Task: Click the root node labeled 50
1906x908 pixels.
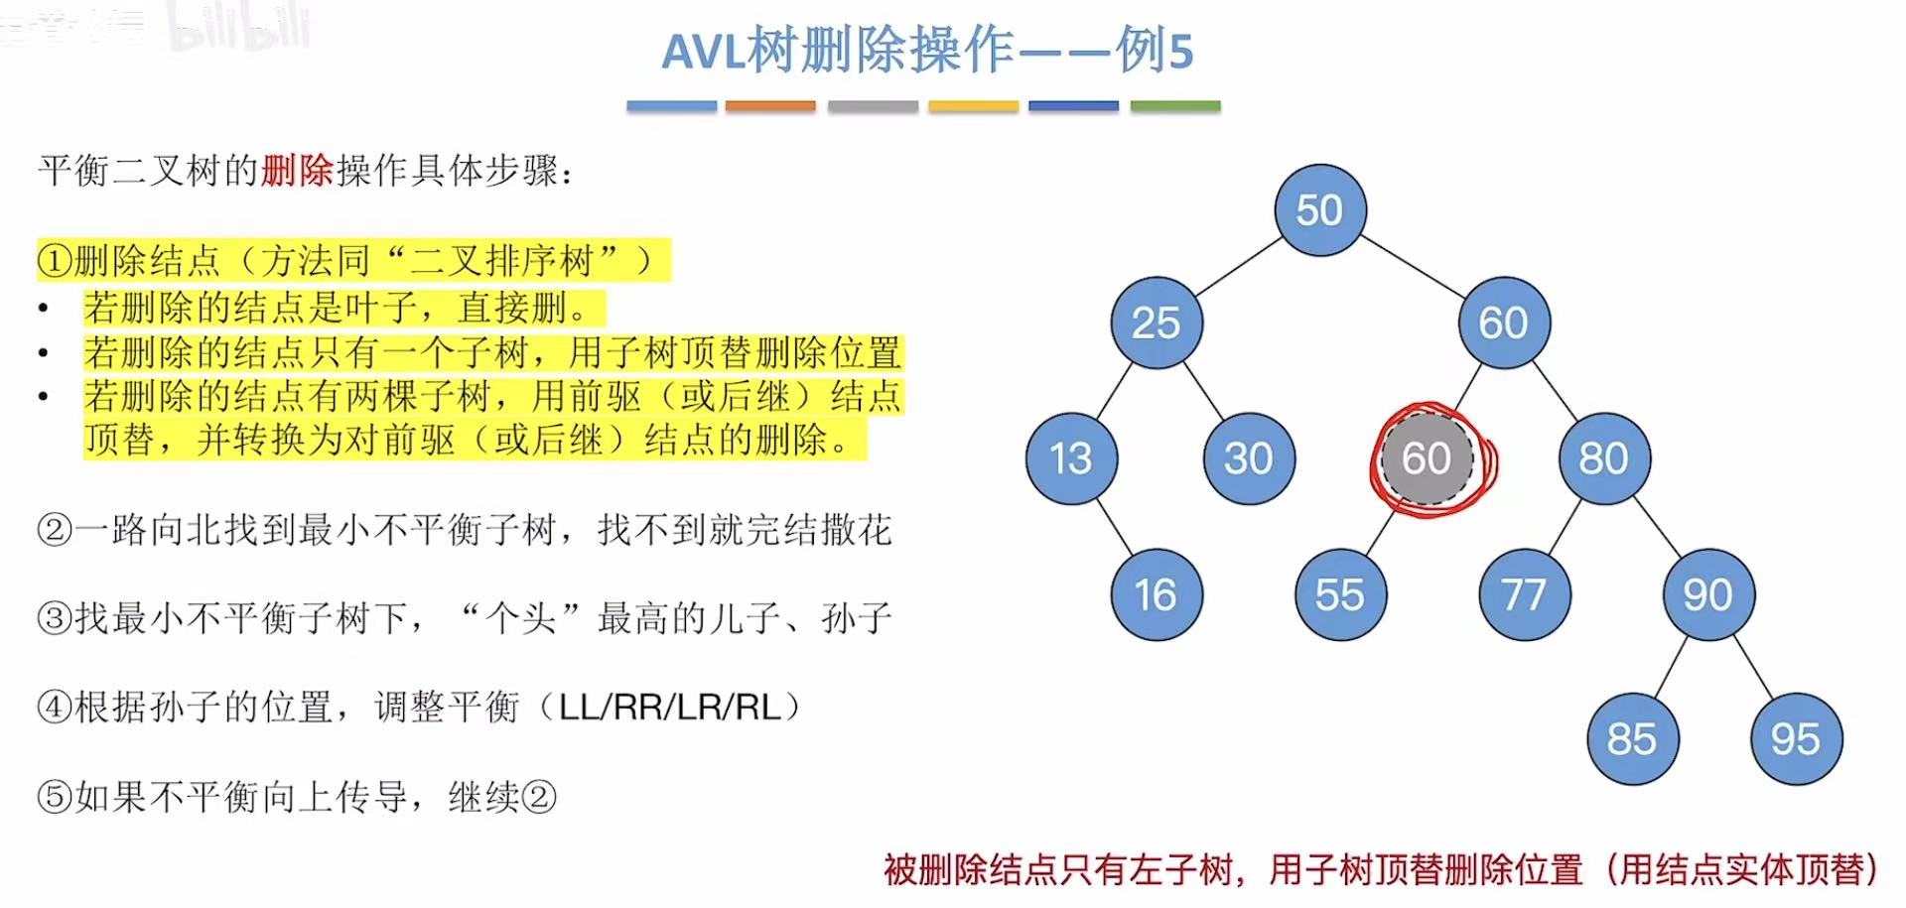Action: [1319, 210]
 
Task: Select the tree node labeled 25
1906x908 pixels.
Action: [1157, 324]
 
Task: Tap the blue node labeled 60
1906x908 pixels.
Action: [1504, 324]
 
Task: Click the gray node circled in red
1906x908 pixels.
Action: [1427, 458]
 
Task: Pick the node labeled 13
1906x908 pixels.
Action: [1071, 458]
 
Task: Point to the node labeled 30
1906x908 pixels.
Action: [1249, 458]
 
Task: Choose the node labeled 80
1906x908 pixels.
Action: [1604, 458]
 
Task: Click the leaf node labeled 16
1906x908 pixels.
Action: [1157, 595]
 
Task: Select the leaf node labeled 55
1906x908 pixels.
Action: [1340, 595]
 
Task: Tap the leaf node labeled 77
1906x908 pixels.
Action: [1524, 595]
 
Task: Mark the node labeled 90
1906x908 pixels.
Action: [1708, 595]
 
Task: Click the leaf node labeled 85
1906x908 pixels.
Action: [1632, 739]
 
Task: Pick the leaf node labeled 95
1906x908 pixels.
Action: [1796, 739]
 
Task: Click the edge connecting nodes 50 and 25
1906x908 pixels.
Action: [1238, 267]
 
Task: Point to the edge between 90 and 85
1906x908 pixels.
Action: [1672, 666]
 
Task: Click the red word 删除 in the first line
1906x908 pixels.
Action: [298, 172]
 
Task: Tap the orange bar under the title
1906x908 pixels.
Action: [770, 106]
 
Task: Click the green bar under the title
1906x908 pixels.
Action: [1175, 106]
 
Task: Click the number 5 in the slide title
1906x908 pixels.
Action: [1180, 52]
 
